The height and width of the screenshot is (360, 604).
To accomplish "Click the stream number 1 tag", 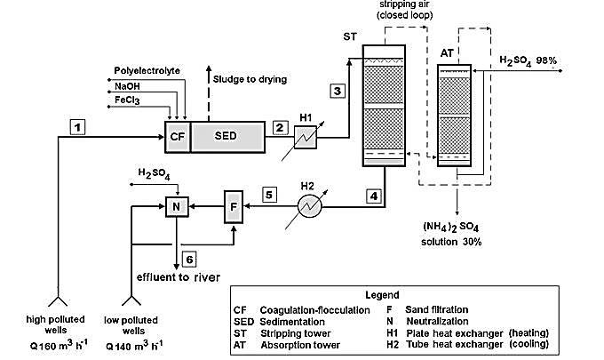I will point(79,127).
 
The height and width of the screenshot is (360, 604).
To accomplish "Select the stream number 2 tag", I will point(280,126).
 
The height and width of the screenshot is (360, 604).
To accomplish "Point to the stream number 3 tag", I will point(335,90).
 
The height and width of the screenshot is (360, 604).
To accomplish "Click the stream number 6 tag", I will point(188,258).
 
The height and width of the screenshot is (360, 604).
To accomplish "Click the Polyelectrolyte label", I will point(145,68).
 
